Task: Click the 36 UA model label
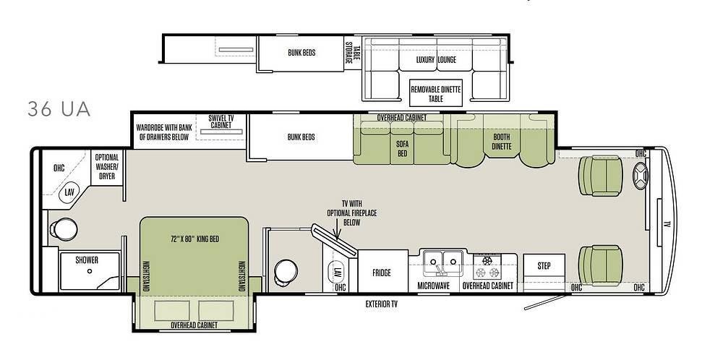(59, 109)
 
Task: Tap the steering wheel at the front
(641, 176)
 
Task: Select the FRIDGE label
(382, 273)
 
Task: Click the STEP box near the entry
(544, 266)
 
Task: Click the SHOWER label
(87, 260)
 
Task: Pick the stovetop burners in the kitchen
(488, 267)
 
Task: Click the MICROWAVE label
(433, 286)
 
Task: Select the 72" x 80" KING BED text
(194, 239)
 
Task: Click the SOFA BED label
(403, 148)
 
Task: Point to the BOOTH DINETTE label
(502, 142)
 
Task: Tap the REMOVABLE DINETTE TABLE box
(436, 93)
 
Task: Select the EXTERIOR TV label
(382, 304)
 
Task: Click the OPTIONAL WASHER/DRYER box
(107, 167)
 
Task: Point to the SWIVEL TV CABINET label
(221, 121)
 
